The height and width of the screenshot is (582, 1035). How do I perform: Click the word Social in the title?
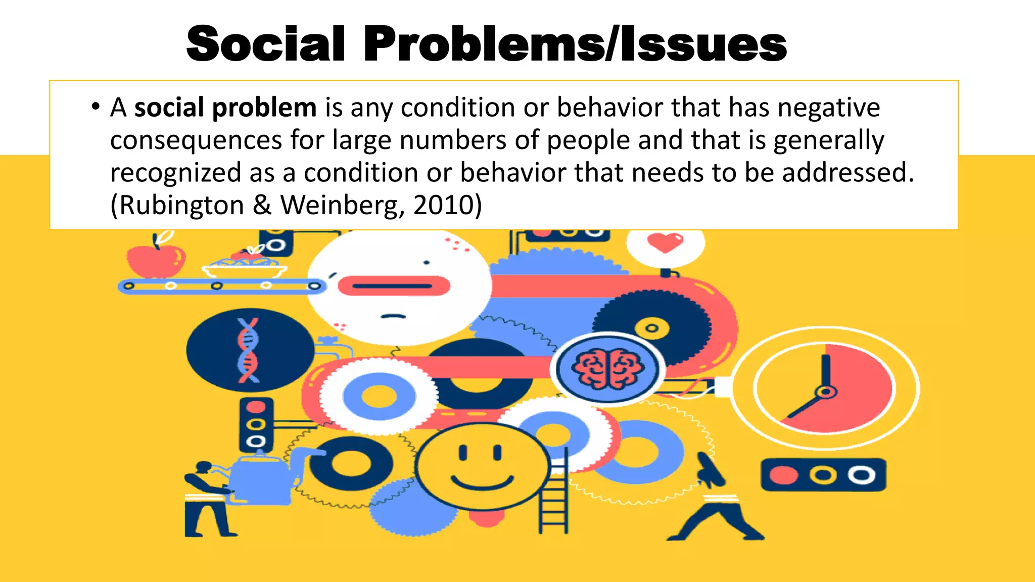(x=266, y=44)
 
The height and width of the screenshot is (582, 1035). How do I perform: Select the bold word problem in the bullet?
(x=264, y=108)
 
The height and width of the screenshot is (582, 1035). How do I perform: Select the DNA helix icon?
(x=249, y=350)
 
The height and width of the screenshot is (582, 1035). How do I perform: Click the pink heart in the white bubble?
(x=665, y=243)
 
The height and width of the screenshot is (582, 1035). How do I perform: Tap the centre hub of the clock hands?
(x=826, y=392)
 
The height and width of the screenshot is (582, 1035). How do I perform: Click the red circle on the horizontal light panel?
(x=783, y=475)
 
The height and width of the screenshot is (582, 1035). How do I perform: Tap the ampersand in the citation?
(x=262, y=206)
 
